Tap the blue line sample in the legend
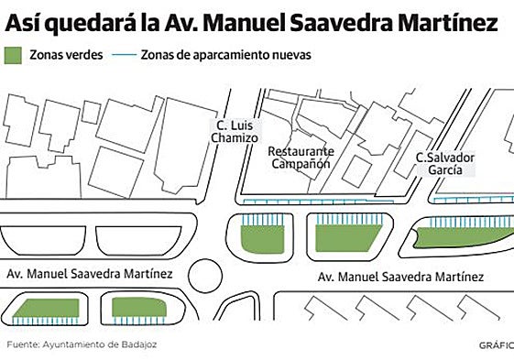pos(126,55)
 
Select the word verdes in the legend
pos(84,55)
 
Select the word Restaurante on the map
pos(301,150)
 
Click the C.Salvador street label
pos(444,157)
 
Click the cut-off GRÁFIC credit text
pos(496,346)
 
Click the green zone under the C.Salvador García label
pos(458,236)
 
